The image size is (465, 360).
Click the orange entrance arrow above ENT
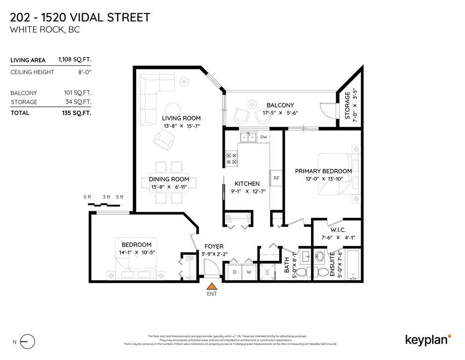[212, 286]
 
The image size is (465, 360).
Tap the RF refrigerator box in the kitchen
[276, 178]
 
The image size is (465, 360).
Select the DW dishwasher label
[263, 137]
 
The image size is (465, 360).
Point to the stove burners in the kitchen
[231, 158]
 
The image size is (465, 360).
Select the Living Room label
[181, 118]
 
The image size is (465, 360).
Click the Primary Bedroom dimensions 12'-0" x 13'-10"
[323, 179]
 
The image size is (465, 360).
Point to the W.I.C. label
[337, 230]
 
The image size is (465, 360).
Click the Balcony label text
[280, 105]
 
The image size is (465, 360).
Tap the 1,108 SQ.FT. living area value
[74, 60]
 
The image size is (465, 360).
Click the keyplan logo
[428, 339]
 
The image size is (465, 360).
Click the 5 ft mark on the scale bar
[119, 197]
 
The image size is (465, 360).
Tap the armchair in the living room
[165, 138]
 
